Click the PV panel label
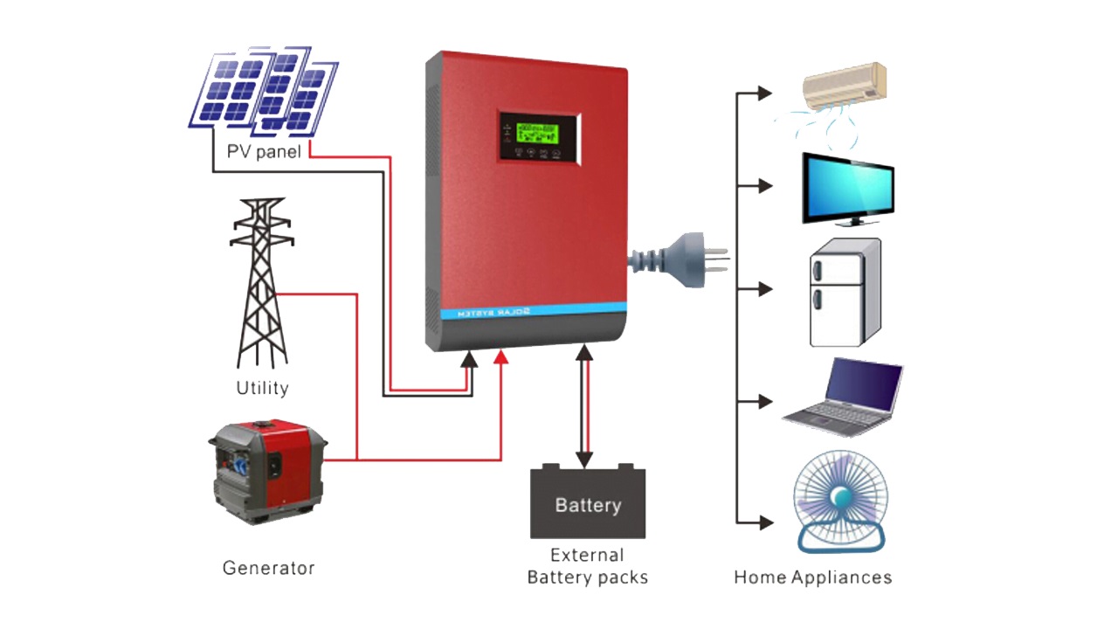coord(264,151)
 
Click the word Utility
coord(262,387)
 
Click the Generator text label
coord(268,568)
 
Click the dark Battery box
coord(588,503)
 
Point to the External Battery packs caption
coord(588,566)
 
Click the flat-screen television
coord(848,187)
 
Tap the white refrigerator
coord(844,294)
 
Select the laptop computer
coord(844,397)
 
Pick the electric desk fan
coord(840,502)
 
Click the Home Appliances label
coord(812,577)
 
